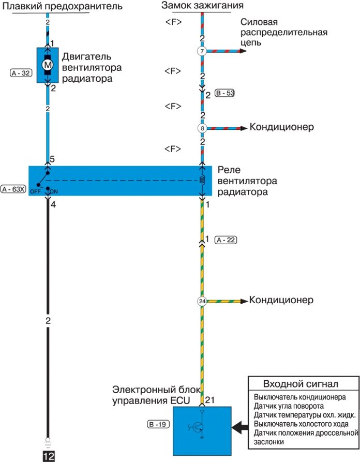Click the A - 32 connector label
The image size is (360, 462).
tap(20, 73)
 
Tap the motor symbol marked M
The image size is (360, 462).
tap(48, 65)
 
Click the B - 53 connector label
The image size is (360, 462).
tap(224, 94)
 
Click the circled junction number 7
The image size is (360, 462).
tap(202, 51)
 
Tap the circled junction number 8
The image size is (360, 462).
tap(202, 128)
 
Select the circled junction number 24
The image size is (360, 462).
tap(202, 301)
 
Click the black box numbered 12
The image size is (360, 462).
tap(48, 455)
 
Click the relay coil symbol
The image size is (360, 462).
tap(202, 181)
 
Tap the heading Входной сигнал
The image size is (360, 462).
tap(293, 384)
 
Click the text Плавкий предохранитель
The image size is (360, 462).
tap(63, 6)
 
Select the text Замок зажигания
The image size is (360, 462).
tap(195, 6)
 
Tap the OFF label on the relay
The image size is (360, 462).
tap(35, 191)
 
